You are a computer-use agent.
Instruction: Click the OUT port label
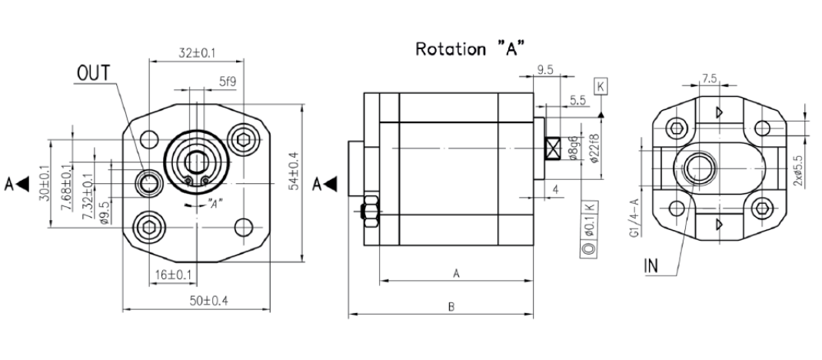point(94,74)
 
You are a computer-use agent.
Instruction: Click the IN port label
point(651,266)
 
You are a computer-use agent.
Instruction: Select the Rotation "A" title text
point(471,48)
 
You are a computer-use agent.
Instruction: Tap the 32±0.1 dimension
point(197,52)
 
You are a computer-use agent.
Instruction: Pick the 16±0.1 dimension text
point(173,275)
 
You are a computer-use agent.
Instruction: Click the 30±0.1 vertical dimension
point(45,183)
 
